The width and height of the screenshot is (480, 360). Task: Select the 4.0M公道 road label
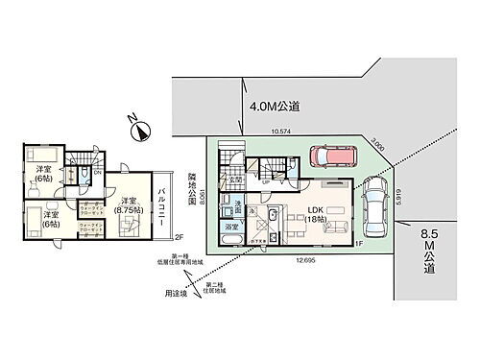coord(276,108)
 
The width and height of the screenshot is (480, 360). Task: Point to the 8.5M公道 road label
coord(431,254)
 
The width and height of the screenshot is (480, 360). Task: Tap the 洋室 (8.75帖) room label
coord(129,205)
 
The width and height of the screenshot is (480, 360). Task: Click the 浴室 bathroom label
coord(232,227)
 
